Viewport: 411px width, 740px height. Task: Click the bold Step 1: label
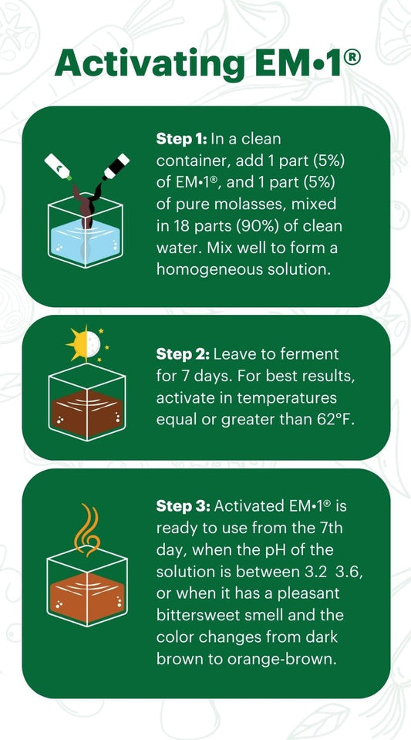click(x=181, y=140)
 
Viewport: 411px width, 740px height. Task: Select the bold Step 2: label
click(x=182, y=354)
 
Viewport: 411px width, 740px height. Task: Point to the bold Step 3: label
click(x=183, y=506)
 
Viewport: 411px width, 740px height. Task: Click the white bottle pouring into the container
click(x=59, y=167)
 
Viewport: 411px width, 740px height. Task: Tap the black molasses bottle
click(x=116, y=166)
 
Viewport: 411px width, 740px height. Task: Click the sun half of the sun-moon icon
click(x=78, y=344)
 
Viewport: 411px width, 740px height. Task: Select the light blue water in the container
click(x=85, y=243)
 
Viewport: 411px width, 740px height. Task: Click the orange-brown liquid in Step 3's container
click(x=87, y=597)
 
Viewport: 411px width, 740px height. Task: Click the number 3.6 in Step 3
click(x=351, y=572)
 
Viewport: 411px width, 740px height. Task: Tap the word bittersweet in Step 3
click(x=195, y=616)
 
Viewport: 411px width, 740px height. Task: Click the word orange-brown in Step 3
click(x=282, y=659)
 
